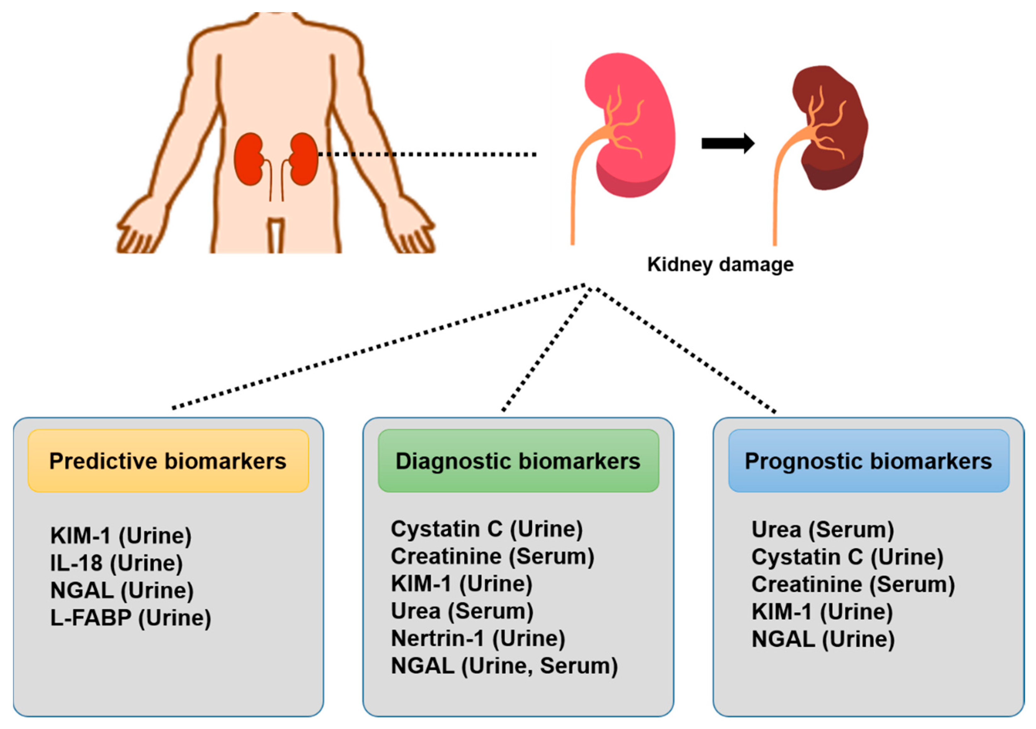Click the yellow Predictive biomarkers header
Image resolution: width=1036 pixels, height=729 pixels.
(x=168, y=461)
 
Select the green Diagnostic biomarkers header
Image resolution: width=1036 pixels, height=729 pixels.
(x=518, y=461)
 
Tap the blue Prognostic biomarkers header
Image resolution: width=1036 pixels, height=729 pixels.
(x=868, y=461)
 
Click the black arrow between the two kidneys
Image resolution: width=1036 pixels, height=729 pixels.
(x=727, y=143)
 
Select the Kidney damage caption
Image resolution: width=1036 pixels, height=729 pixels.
(x=720, y=265)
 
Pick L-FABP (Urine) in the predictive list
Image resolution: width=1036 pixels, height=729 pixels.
(x=131, y=618)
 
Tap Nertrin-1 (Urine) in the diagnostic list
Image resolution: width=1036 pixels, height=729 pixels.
(x=478, y=638)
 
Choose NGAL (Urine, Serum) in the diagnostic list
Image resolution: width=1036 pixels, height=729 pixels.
(x=504, y=666)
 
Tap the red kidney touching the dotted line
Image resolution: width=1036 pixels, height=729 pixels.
(x=303, y=159)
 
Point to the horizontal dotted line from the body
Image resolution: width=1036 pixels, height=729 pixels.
(x=426, y=155)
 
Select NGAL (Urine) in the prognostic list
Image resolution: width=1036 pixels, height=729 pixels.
(x=823, y=639)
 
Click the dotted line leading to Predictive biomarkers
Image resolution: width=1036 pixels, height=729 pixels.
(x=379, y=346)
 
